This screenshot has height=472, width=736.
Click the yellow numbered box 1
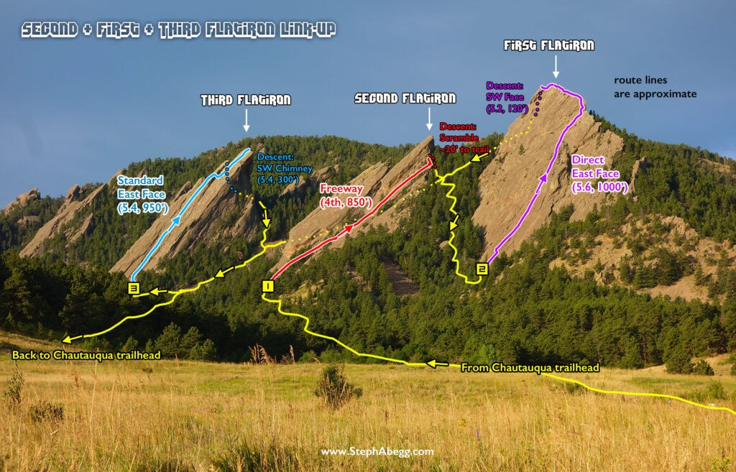(267, 286)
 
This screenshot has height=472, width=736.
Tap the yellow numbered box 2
(482, 269)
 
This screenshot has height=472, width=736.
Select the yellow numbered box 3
(134, 288)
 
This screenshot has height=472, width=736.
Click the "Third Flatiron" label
(246, 100)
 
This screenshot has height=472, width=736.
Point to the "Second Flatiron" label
(405, 98)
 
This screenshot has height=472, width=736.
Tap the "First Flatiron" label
(549, 45)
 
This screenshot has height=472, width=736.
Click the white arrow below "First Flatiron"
(556, 67)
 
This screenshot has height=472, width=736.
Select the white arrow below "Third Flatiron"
(247, 121)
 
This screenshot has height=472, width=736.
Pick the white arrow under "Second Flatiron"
(429, 119)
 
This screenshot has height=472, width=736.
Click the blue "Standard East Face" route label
(142, 194)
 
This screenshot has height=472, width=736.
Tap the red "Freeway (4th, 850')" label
(346, 195)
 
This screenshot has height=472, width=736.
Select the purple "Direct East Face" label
(599, 174)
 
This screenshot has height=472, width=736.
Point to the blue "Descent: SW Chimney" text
(285, 168)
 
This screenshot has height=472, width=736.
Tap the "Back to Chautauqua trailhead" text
(86, 355)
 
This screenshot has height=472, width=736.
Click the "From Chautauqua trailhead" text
(530, 367)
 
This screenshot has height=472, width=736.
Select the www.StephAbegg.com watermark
(377, 452)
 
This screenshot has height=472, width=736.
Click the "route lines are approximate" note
(655, 87)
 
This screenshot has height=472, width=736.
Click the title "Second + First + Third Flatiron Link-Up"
(178, 30)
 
